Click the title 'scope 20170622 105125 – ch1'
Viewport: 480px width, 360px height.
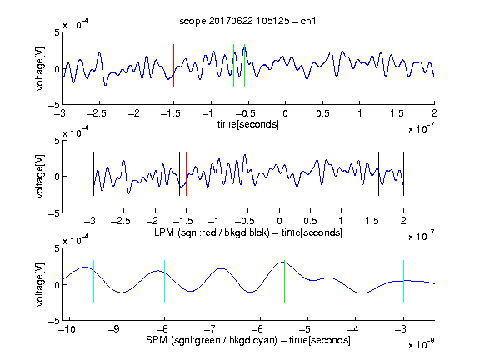pos(247,21)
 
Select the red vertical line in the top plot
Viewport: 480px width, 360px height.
pos(174,66)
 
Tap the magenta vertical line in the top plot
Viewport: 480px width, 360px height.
pos(397,66)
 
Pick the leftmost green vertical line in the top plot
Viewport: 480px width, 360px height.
pos(233,66)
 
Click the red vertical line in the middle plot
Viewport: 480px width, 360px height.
pos(186,173)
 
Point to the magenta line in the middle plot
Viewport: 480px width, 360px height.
pos(372,173)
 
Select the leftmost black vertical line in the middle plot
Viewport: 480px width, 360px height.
pos(93,173)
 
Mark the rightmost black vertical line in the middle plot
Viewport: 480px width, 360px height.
pos(403,173)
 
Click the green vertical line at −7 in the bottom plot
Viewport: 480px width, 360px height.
pos(212,282)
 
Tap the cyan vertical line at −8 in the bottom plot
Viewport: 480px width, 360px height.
pos(165,282)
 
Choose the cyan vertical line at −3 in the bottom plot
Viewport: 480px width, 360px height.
pos(403,282)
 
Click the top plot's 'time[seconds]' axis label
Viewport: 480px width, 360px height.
pos(248,124)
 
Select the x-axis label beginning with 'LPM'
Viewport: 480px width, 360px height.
pos(248,232)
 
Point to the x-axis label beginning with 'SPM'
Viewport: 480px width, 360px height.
pos(248,340)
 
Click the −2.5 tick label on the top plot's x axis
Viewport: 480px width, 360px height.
pos(97,113)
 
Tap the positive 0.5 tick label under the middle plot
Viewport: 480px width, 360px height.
pos(310,221)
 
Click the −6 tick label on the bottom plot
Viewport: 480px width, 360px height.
pos(259,329)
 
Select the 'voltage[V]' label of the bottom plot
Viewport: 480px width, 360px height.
pos(40,284)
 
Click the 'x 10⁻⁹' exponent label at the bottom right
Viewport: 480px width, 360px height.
pos(422,343)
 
